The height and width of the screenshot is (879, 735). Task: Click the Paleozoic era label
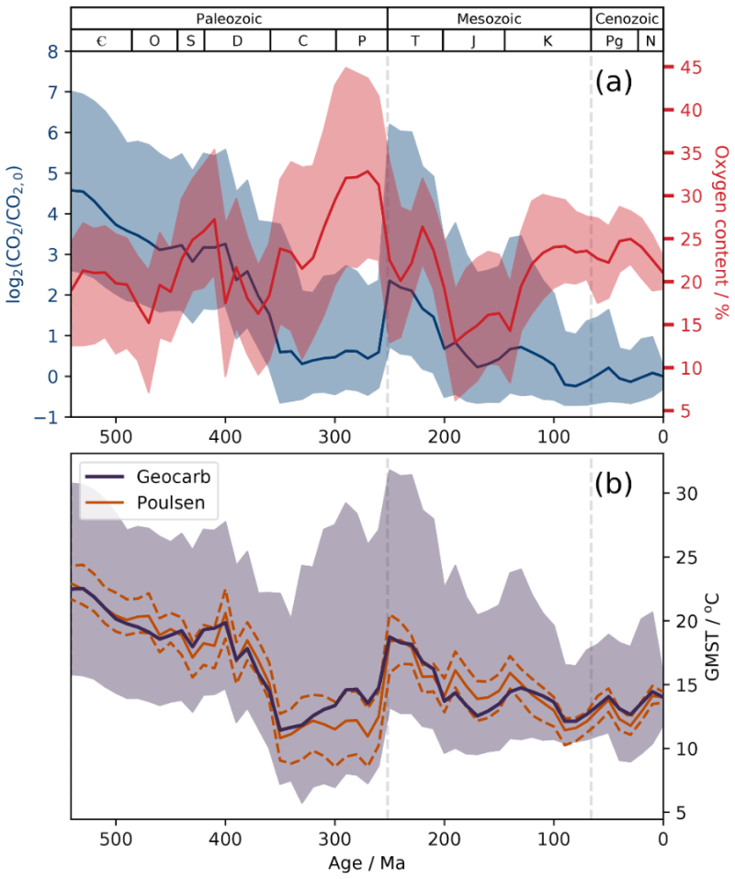point(229,18)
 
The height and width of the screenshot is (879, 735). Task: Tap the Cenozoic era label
point(627,18)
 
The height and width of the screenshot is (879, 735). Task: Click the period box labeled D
point(238,40)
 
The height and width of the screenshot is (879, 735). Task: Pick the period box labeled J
point(473,40)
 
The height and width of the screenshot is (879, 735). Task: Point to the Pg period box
point(614,40)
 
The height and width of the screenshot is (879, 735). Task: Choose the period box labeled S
point(190,40)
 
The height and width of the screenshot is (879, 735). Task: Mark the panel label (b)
point(614,483)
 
